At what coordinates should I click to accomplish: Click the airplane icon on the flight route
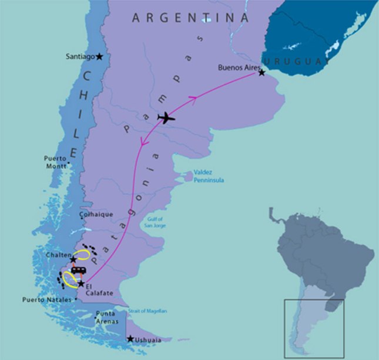167,118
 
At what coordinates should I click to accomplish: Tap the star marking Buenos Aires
262,72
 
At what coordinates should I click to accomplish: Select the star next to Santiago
99,56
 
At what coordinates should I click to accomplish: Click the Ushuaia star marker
130,339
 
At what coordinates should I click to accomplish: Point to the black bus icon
78,271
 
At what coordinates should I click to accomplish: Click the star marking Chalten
73,260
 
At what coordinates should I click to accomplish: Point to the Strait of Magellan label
148,311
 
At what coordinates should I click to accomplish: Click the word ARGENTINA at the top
190,18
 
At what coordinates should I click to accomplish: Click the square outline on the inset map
314,328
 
